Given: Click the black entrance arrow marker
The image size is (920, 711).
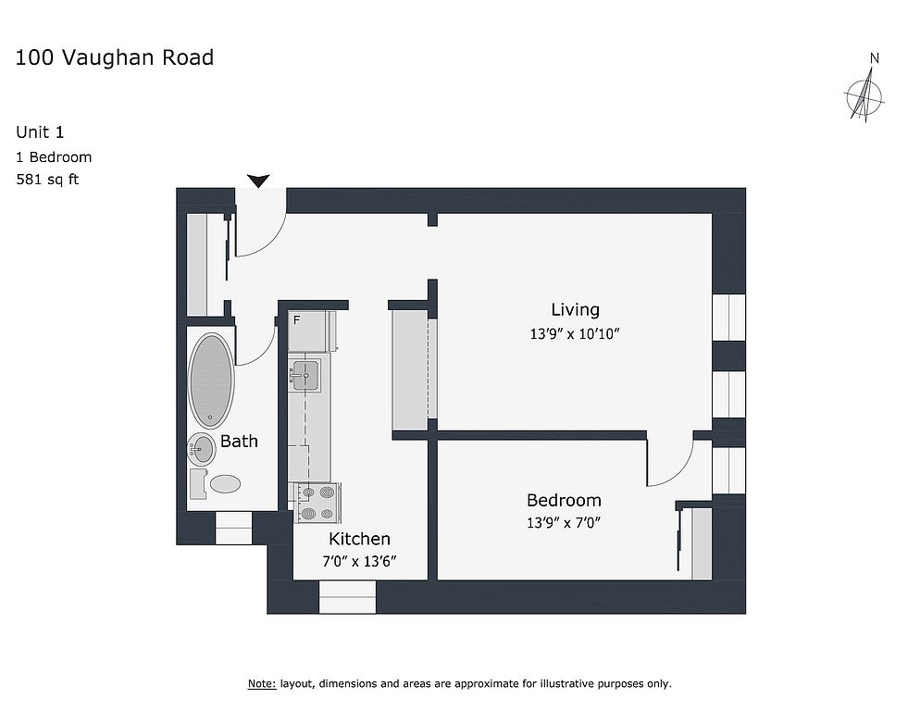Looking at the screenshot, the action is pos(258,181).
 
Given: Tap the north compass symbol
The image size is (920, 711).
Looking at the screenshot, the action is pos(864,94).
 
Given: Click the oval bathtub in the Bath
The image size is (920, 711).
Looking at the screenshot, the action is pos(211,380).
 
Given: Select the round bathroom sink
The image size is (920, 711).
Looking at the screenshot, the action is pos(201,449).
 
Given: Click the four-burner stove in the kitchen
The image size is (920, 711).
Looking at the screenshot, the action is pos(318,503).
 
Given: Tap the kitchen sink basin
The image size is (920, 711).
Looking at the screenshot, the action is pos(305,375).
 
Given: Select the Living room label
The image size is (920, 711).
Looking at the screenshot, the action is pos(575,309).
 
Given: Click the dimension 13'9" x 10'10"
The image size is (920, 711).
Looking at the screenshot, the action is pos(575,333).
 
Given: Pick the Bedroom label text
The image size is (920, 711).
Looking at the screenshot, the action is pos(564,500).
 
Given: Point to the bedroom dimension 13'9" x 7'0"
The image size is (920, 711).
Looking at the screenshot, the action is pos(564,522).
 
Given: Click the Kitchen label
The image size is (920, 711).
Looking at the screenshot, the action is pos(359,539).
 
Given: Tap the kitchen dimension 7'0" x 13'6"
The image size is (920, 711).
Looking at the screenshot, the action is pos(359,561).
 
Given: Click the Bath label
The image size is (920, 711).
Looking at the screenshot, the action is pos(239,441).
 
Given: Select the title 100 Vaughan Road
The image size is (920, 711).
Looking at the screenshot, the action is pos(115,57).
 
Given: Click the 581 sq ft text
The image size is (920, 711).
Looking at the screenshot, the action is pos(47,179).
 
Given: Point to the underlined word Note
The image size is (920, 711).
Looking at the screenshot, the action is pos(262,683).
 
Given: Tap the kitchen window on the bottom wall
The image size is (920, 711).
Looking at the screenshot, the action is pos(347,597).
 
